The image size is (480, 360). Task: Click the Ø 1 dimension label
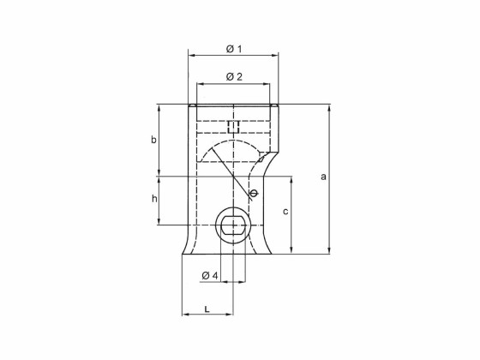[x=234, y=48]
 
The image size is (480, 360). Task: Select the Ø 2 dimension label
[x=234, y=77]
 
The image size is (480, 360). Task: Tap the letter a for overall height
[x=323, y=177]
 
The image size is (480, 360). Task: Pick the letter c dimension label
[x=285, y=209]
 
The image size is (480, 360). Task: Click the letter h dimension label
[x=154, y=198]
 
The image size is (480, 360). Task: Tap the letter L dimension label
[x=207, y=307]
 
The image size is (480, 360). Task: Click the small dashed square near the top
[x=233, y=128]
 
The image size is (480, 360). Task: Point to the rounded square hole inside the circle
[x=233, y=226]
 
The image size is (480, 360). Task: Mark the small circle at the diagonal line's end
[x=253, y=194]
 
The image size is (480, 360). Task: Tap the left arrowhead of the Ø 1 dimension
[x=191, y=56]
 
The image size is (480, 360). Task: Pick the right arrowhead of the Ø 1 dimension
[x=275, y=56]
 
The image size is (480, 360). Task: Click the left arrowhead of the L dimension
[x=185, y=315]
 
